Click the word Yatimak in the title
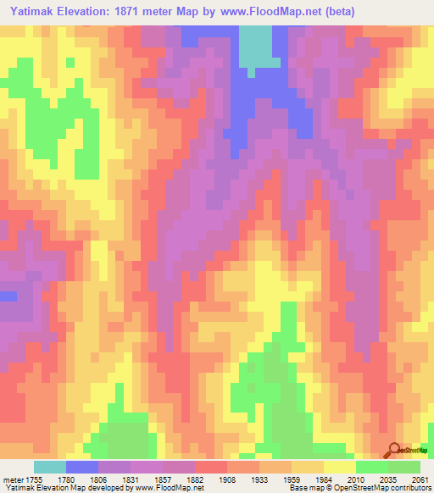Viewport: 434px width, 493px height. [36, 12]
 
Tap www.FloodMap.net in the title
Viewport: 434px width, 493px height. [275, 12]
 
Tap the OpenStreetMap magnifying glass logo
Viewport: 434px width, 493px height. [395, 451]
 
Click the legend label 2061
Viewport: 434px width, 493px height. [421, 479]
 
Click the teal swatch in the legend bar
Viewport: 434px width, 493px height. [50, 467]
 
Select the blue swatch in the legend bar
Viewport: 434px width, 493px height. [82, 467]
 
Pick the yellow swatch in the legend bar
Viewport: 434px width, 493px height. [340, 467]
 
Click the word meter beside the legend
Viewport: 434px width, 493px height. [13, 479]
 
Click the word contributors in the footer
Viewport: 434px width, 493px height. [410, 488]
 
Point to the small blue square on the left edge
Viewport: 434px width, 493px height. [8, 296]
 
